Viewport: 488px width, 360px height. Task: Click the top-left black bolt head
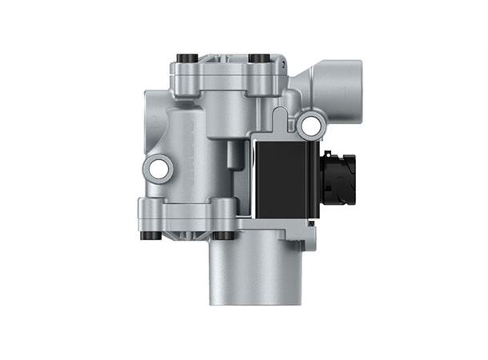pos(186,58)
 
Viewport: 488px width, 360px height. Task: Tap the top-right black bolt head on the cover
pos(258,58)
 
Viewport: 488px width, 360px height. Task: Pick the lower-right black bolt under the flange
pos(225,235)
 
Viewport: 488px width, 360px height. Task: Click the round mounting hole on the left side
pos(158,168)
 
